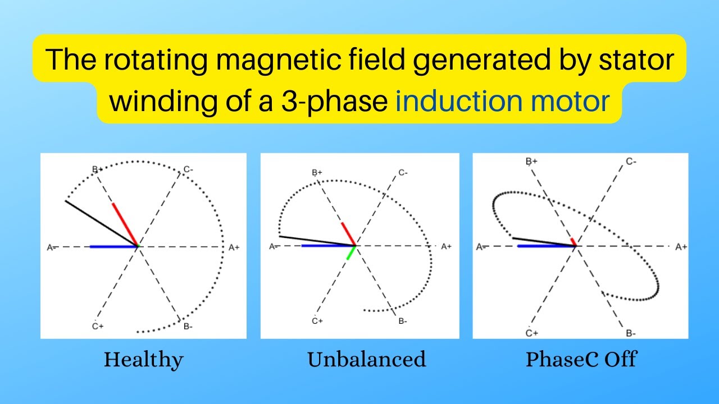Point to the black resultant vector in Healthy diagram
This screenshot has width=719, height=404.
click(x=101, y=223)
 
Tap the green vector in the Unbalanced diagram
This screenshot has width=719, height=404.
click(x=351, y=252)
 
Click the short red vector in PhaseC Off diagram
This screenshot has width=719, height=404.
click(x=573, y=242)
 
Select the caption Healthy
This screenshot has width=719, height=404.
click(x=143, y=360)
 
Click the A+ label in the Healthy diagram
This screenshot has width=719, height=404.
click(x=234, y=247)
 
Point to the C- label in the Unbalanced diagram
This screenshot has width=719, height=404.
click(x=403, y=173)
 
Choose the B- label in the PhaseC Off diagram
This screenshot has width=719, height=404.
click(x=631, y=333)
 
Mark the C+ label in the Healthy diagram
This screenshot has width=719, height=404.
click(x=97, y=325)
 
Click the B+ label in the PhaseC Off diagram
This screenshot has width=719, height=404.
click(x=531, y=162)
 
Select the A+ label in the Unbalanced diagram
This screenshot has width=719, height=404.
click(x=446, y=246)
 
